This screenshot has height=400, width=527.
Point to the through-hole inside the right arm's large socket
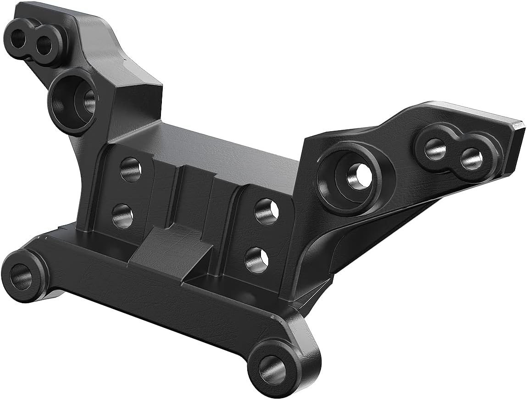point(359,175)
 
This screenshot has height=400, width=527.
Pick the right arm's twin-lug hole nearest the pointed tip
point(472,159)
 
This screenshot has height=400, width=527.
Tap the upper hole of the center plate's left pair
point(131,169)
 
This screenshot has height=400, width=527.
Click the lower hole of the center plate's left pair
point(122,216)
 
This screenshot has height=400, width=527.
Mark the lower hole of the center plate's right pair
point(256,259)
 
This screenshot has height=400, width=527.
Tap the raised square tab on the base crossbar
point(171,250)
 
